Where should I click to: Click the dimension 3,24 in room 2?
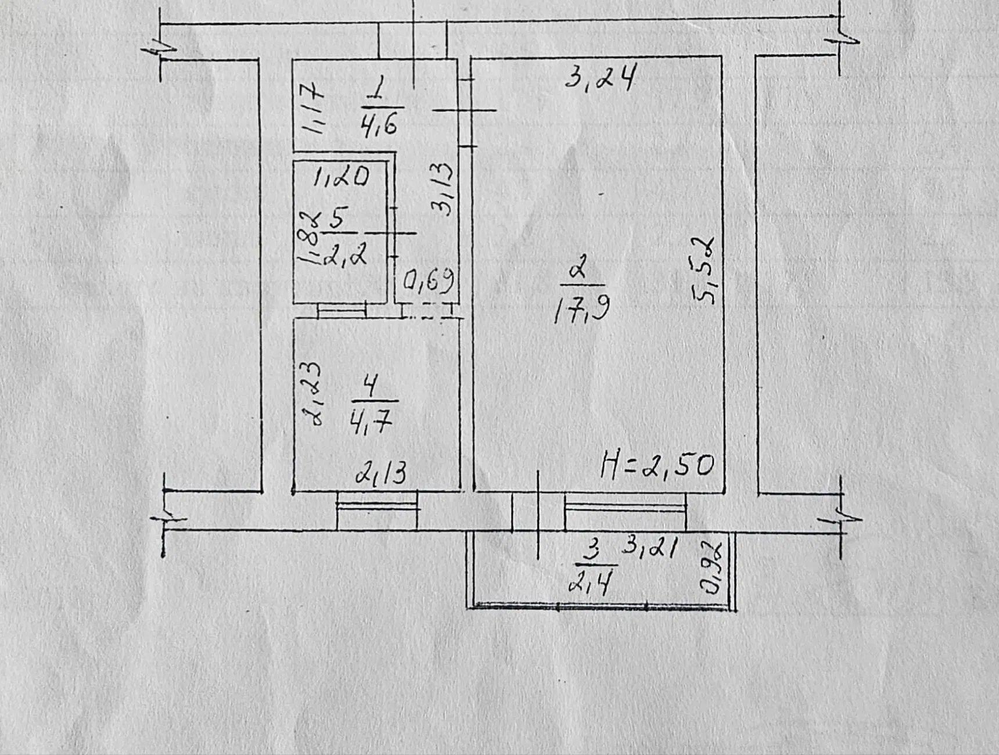click(x=601, y=77)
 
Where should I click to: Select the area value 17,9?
click(x=581, y=308)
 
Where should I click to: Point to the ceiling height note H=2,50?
click(x=657, y=465)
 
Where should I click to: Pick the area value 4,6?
click(x=379, y=123)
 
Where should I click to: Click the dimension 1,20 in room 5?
click(x=341, y=176)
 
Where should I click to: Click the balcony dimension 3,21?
click(x=650, y=547)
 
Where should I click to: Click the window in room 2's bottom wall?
click(x=626, y=509)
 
